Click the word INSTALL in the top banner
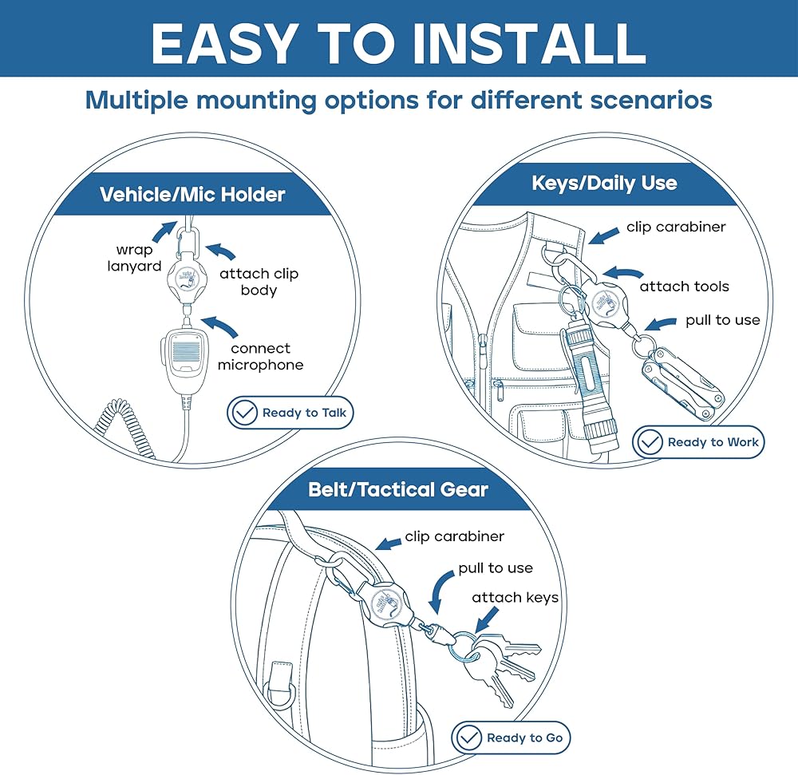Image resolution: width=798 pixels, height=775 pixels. click(x=529, y=43)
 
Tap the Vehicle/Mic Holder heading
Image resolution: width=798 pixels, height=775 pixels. click(x=192, y=195)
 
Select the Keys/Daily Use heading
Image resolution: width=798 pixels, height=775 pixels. click(x=604, y=184)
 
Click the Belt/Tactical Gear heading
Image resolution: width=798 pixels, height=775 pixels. click(x=398, y=489)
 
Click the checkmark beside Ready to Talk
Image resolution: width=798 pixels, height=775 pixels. click(x=243, y=413)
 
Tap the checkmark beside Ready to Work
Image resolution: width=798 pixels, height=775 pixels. click(x=650, y=441)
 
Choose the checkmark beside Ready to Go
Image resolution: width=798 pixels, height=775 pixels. click(x=468, y=737)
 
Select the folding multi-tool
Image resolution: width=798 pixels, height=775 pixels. click(x=682, y=382)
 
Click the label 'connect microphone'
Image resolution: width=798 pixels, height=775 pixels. click(x=261, y=357)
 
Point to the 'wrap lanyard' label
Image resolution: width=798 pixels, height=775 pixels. click(x=134, y=258)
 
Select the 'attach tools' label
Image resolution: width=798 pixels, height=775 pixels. click(x=684, y=287)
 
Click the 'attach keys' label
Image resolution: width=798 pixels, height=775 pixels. click(x=515, y=597)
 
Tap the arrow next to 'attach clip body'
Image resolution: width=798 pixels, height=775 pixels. click(x=221, y=251)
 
